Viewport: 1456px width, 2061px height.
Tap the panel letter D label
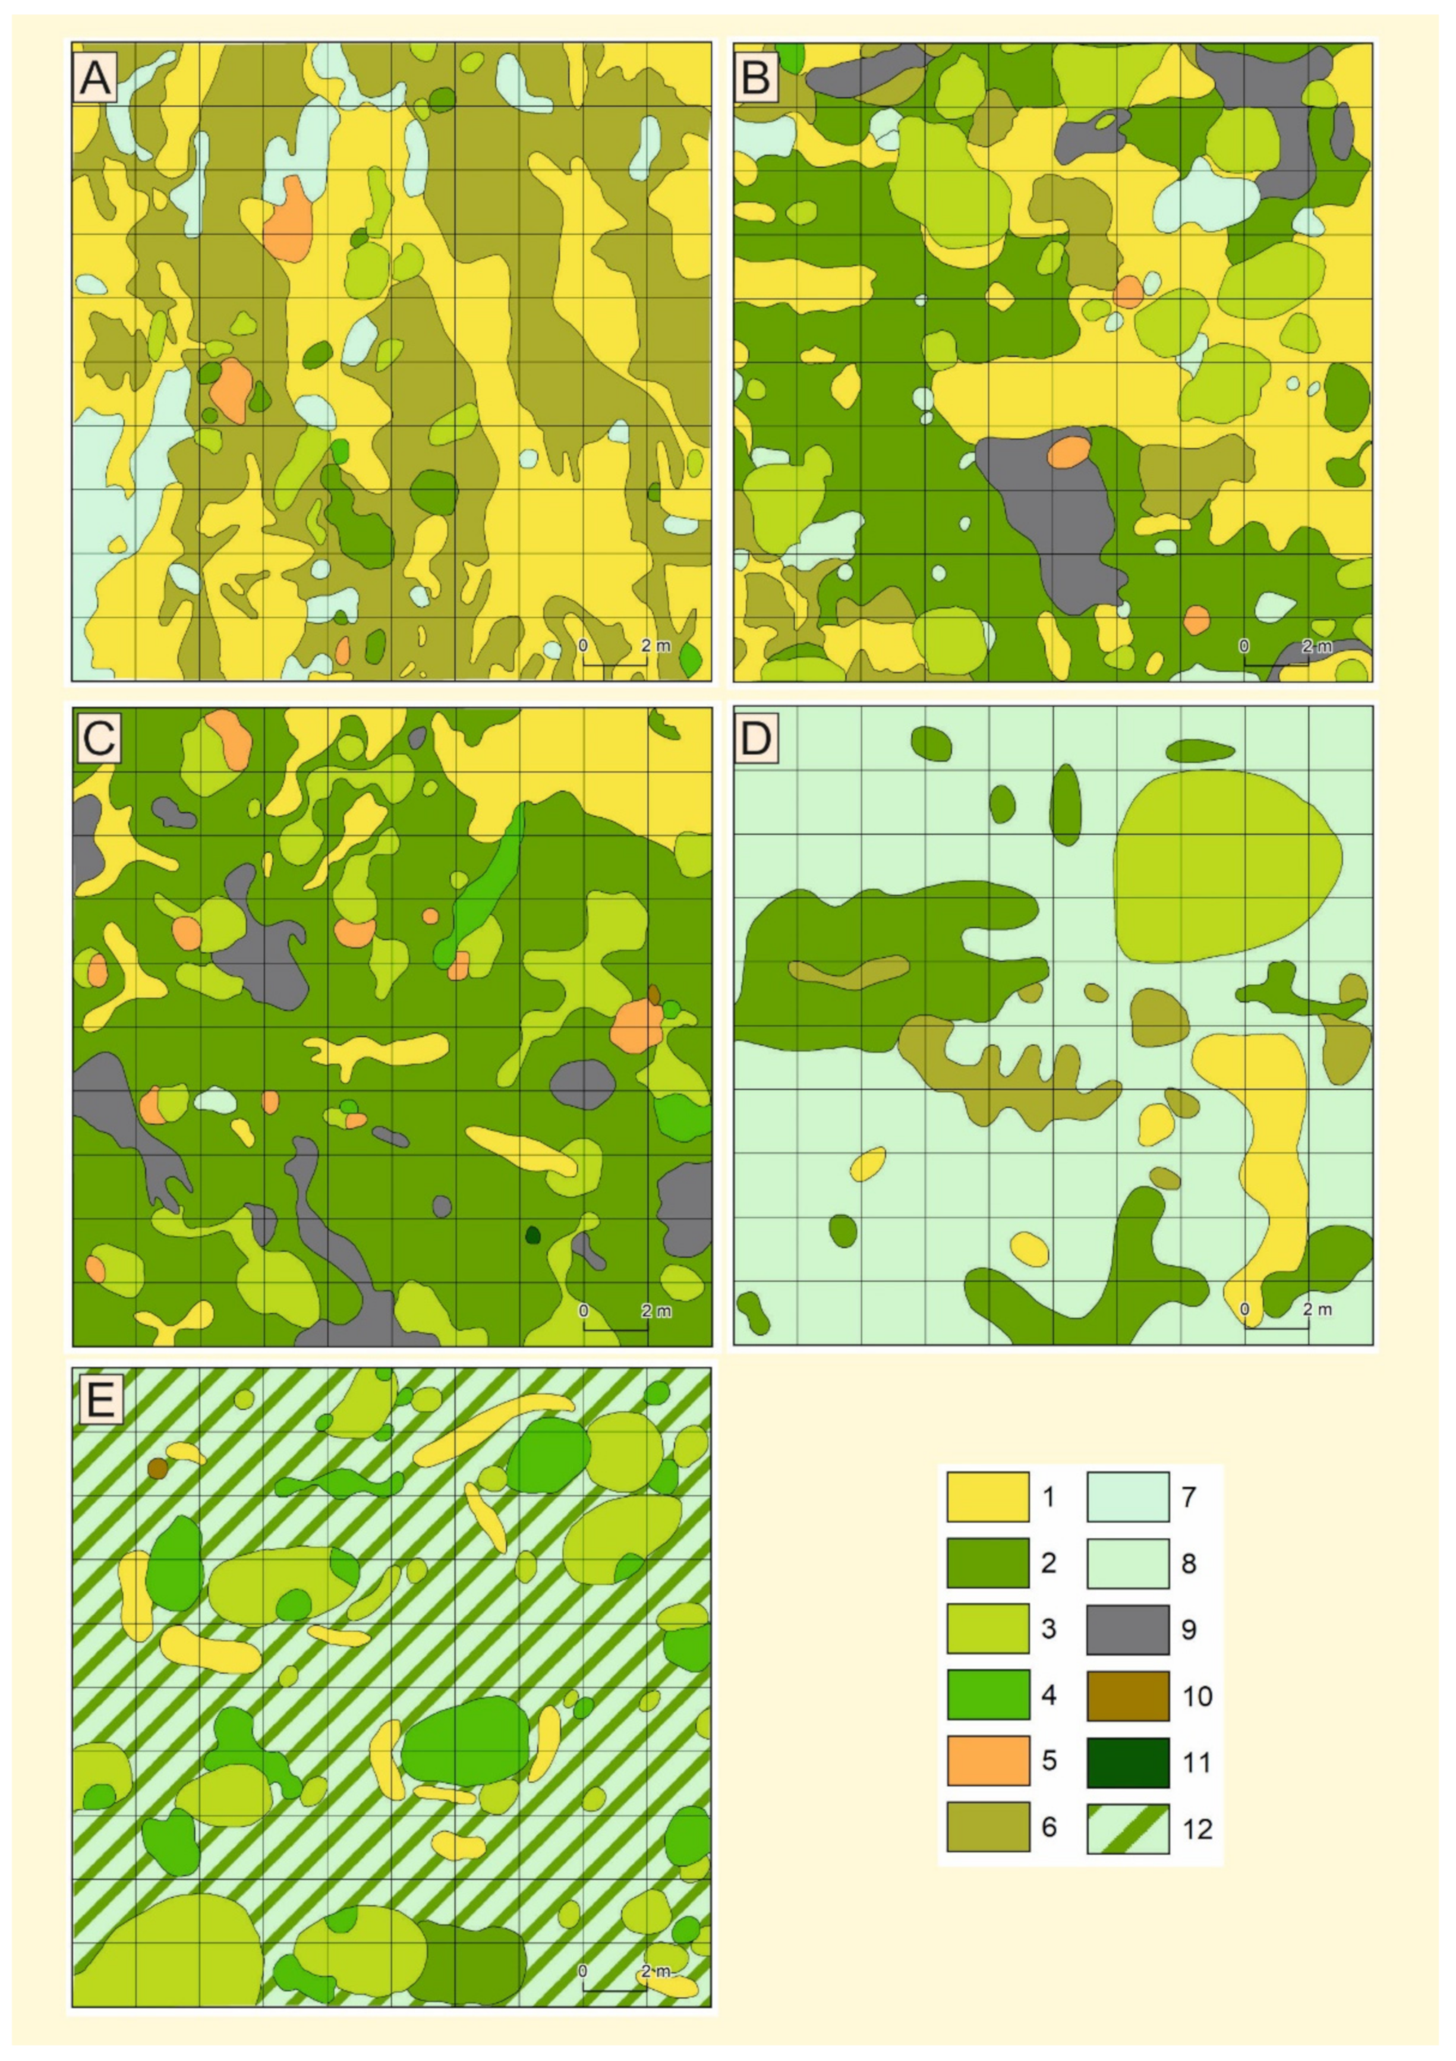coord(757,739)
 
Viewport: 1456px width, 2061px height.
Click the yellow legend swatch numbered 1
coord(988,1496)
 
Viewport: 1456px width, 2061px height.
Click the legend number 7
coord(1189,1497)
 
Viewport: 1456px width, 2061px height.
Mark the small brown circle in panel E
coord(158,1468)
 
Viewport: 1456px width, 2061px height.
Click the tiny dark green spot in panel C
coord(532,1235)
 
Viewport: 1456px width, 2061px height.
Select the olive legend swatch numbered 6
coord(988,1827)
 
